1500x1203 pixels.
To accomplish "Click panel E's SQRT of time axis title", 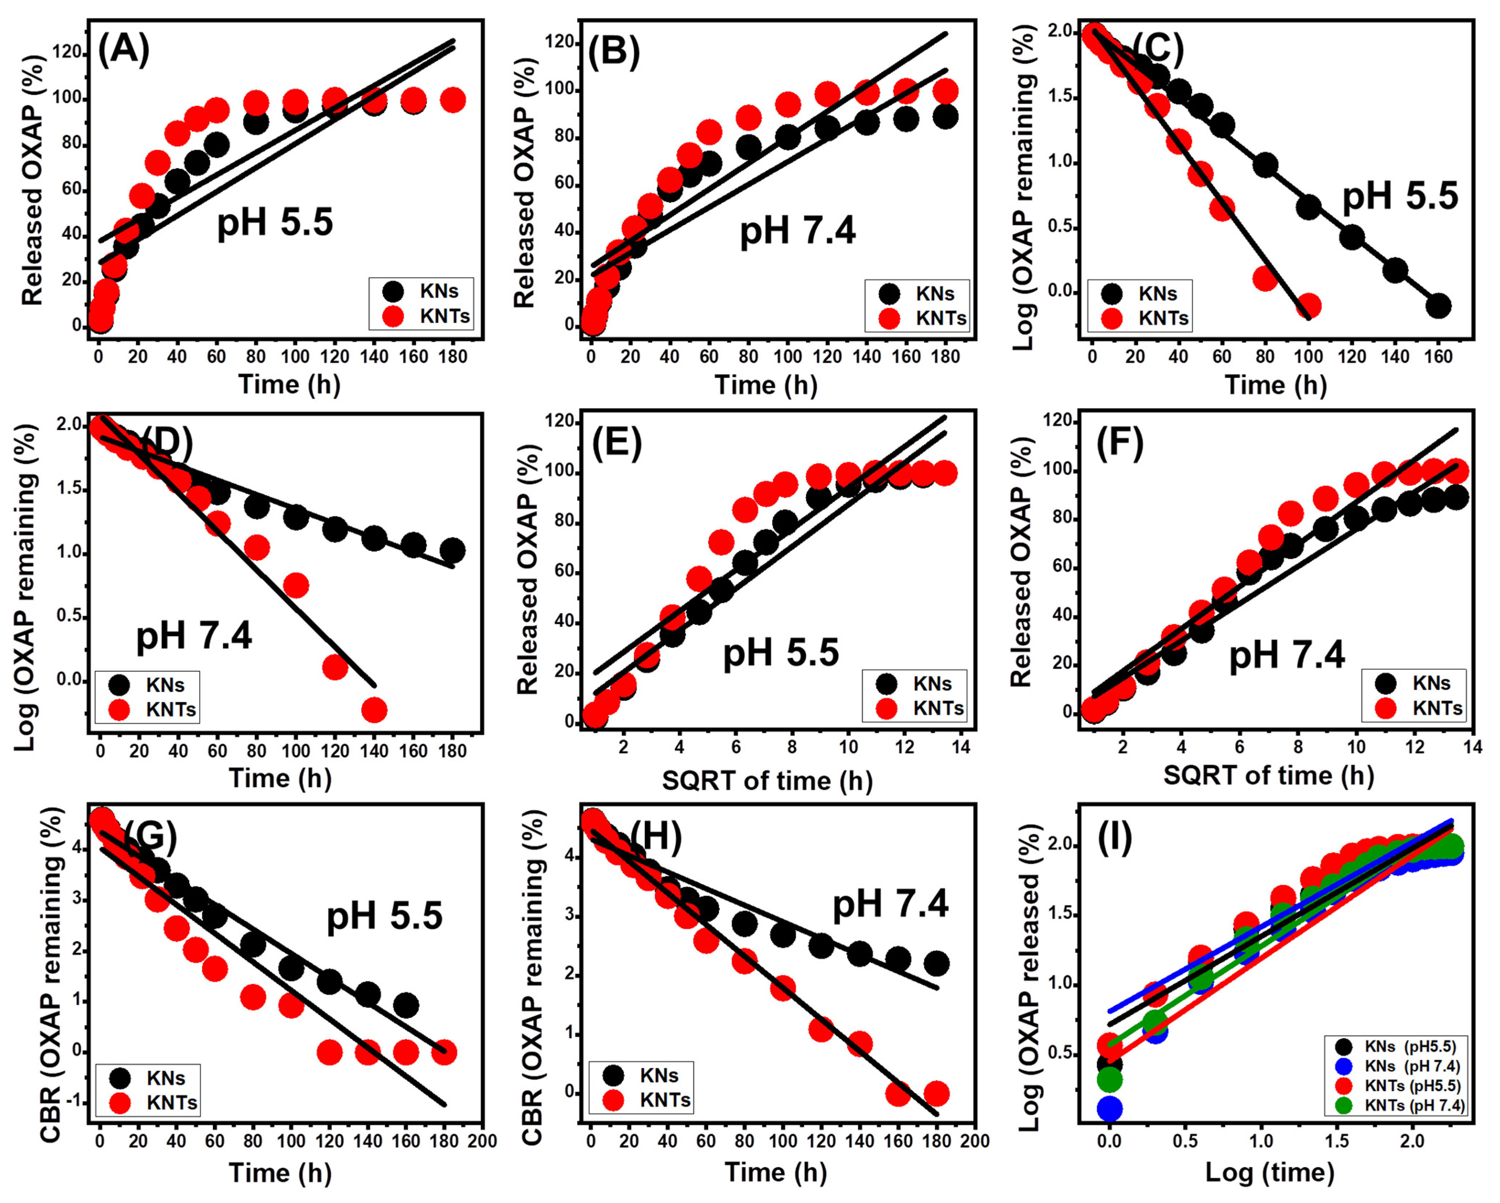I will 767,781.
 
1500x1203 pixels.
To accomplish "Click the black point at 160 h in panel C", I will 1438,306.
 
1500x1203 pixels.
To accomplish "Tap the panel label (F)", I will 1120,445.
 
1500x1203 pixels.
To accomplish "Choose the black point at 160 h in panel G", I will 406,1005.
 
